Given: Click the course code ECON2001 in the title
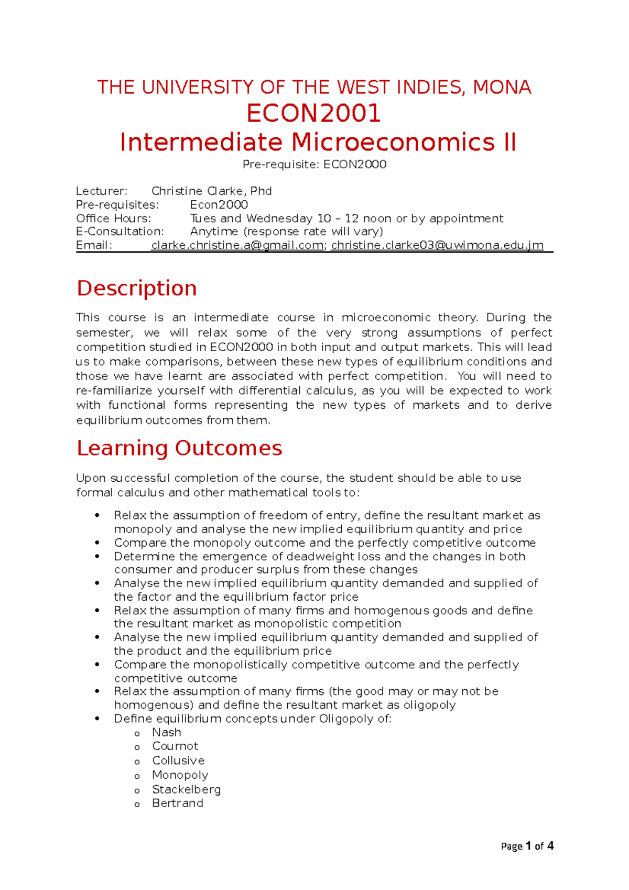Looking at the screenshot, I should [313, 114].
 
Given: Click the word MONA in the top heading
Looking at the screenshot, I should [502, 87].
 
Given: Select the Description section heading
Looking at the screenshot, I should [137, 288].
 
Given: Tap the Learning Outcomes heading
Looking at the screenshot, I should [179, 448].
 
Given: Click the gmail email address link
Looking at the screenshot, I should [237, 245].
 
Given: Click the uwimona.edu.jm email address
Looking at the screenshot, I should [437, 245].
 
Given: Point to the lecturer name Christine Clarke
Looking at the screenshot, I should [211, 191].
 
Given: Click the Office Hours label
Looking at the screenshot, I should [113, 218].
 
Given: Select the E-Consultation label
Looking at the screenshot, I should [120, 232].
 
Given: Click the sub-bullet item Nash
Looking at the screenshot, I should [167, 732].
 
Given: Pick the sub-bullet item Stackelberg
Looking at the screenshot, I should [186, 789].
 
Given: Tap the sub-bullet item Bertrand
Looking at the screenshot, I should [177, 803].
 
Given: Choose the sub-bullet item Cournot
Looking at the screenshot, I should [175, 746].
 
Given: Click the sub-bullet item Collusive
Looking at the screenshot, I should [178, 761].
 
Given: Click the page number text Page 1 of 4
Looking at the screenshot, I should [527, 846].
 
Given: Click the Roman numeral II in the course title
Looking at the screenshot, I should [509, 143].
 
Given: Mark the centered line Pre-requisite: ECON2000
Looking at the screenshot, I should [314, 165].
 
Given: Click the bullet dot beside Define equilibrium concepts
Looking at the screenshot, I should [97, 719].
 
